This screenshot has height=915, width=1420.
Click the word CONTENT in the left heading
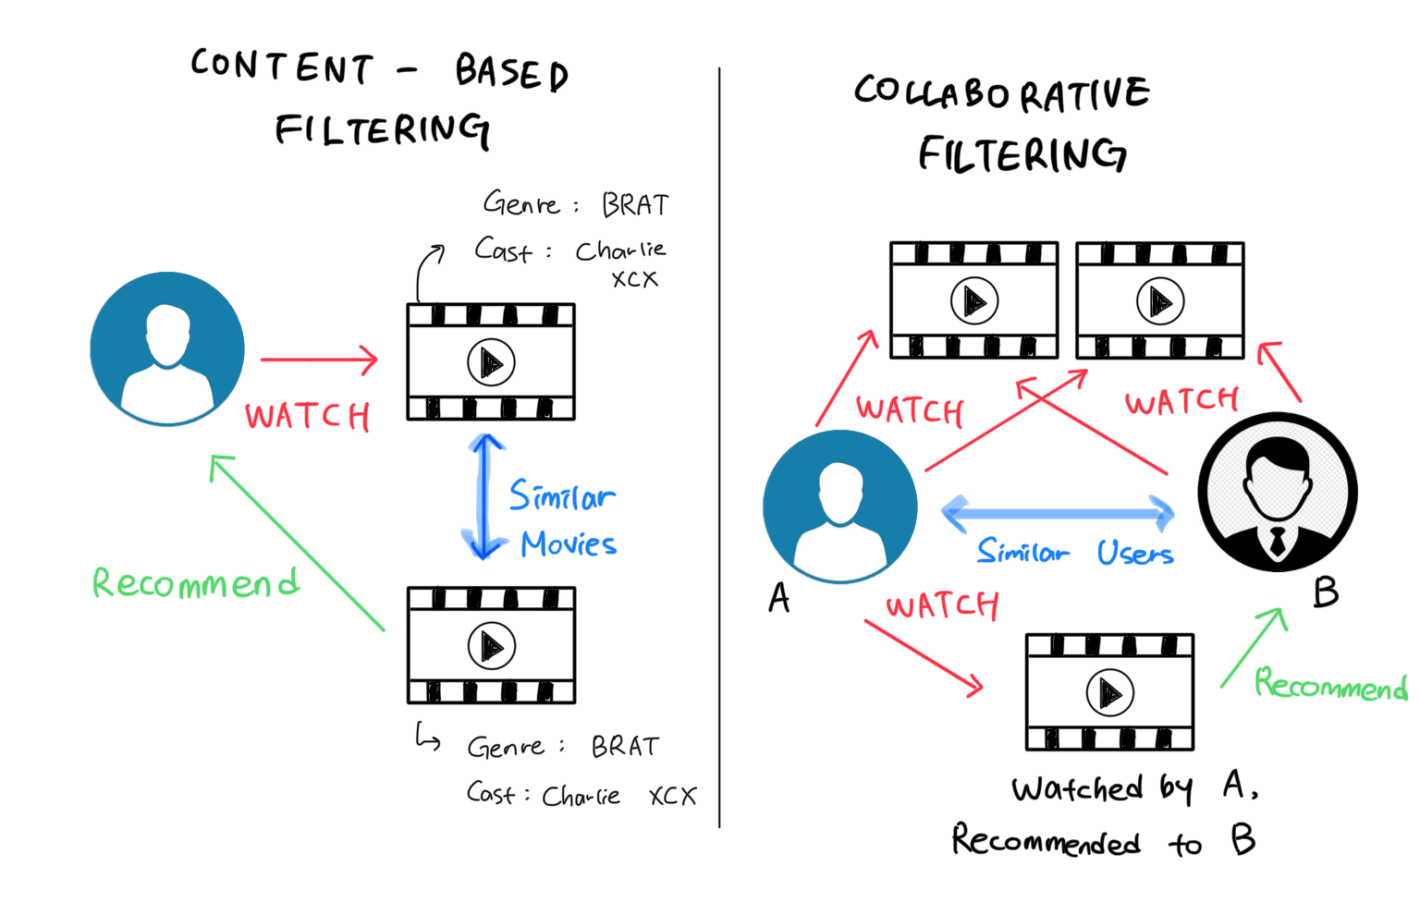[282, 67]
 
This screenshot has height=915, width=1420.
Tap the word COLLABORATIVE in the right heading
[1001, 93]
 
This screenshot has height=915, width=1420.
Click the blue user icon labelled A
[839, 506]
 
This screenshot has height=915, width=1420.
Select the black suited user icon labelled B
[1278, 492]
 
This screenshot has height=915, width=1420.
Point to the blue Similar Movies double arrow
[484, 497]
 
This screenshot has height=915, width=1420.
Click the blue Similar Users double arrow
[1058, 511]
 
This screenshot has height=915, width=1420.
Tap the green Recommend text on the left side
[196, 583]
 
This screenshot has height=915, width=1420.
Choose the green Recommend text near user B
[1330, 685]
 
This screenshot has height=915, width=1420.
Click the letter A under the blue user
[779, 598]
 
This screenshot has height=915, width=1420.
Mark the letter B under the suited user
[1326, 592]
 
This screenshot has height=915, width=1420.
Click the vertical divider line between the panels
[719, 444]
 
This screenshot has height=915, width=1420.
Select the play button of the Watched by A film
[1109, 692]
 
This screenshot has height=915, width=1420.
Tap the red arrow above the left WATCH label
[319, 360]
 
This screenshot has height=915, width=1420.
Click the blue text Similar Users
[1075, 553]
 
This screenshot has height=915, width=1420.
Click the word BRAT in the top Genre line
[635, 205]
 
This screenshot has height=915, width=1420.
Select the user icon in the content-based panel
[167, 348]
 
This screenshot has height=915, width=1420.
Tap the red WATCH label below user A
[942, 606]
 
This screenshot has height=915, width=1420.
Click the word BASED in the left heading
[511, 72]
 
